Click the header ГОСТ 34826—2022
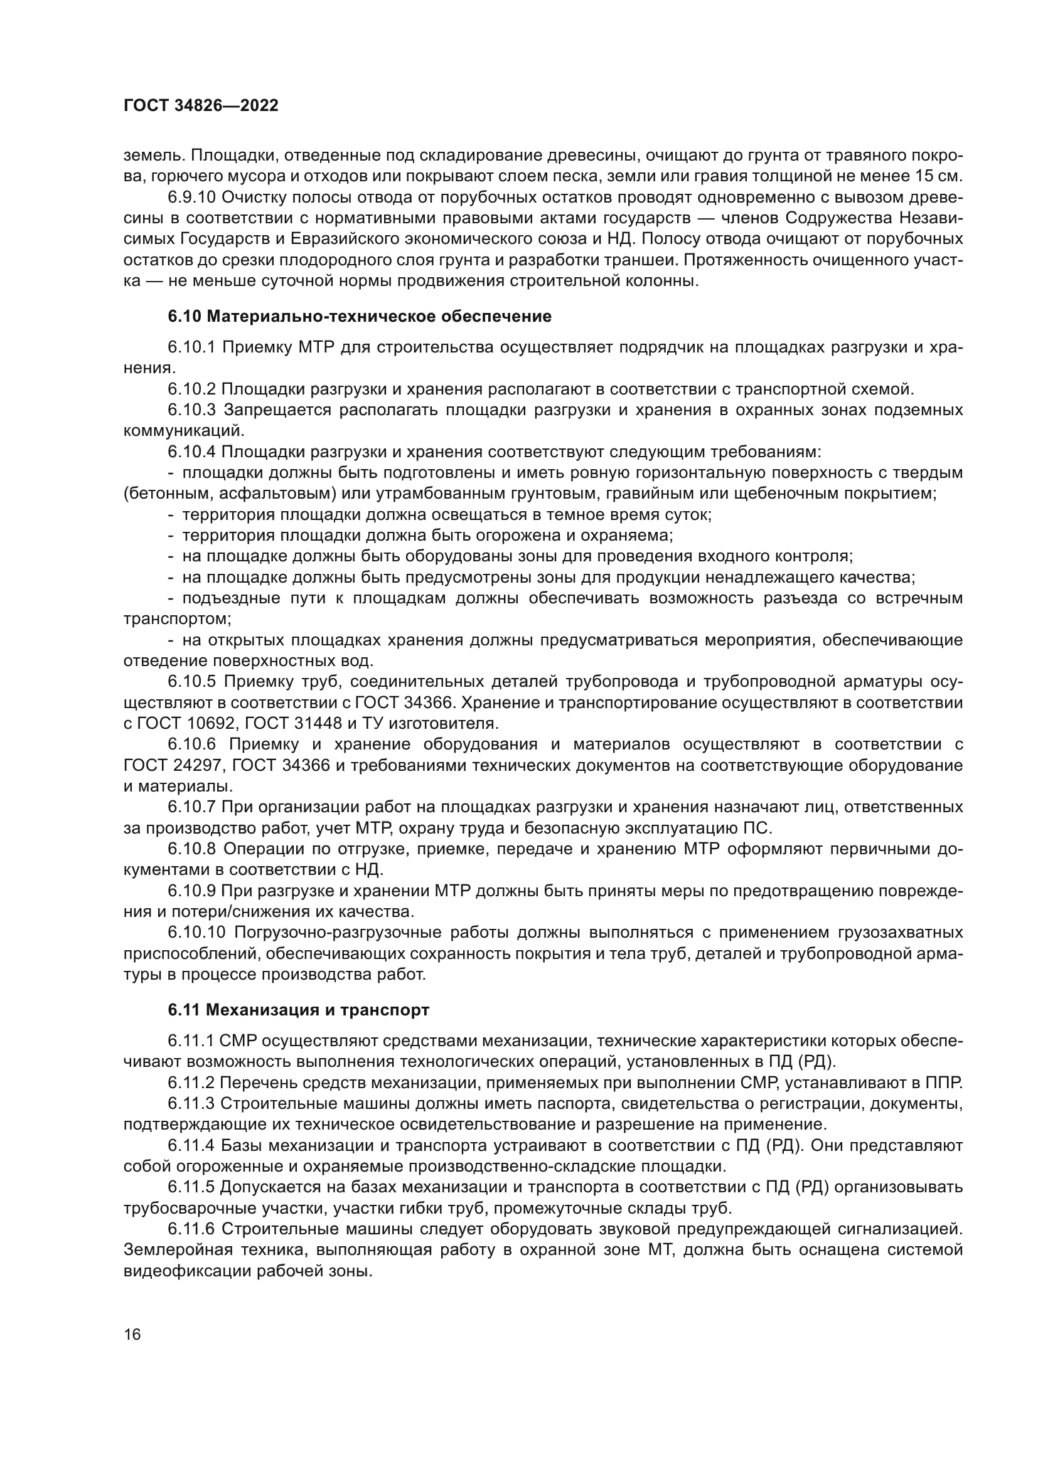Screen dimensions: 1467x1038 pos(201,106)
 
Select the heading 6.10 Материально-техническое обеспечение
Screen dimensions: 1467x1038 pos(359,316)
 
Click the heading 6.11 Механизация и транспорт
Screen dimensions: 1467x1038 pos(299,1010)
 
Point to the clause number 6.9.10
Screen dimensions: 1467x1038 pos(193,197)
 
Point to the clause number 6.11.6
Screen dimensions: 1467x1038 pos(193,1229)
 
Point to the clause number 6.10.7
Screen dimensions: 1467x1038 pos(193,808)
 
